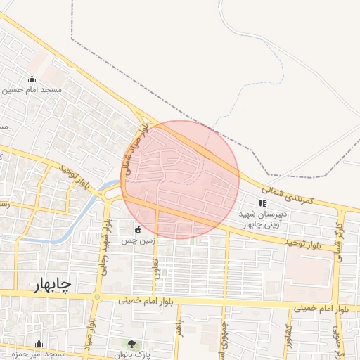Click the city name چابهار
52,285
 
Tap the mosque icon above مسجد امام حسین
32,79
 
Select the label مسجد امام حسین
33,90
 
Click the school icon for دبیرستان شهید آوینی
263,203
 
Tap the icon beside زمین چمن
138,229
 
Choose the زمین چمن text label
137,240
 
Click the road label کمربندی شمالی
295,195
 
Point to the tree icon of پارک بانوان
131,343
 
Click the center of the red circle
180,179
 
